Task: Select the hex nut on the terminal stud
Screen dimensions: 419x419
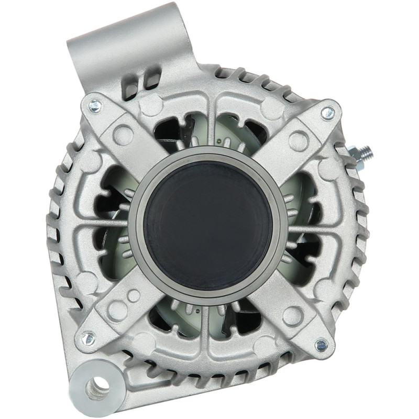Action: [357, 155]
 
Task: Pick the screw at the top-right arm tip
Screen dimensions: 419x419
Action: [327, 112]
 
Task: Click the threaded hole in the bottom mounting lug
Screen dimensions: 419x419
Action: [97, 388]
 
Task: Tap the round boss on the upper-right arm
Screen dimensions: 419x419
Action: [298, 140]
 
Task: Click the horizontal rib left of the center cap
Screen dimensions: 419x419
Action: [107, 227]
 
